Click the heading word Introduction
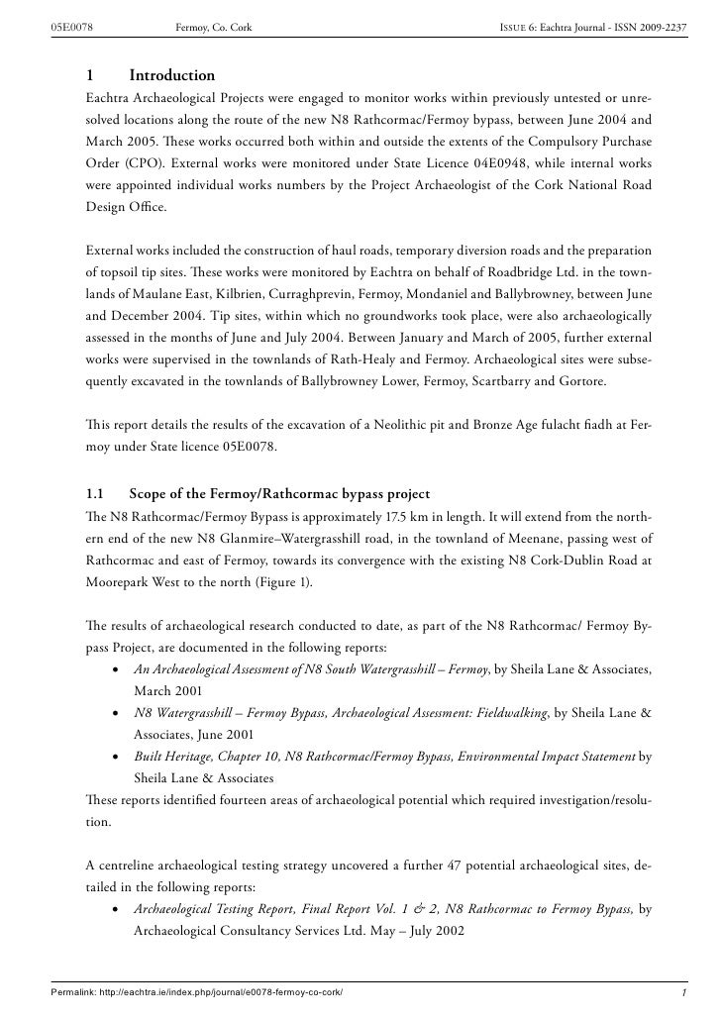171,75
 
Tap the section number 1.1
96,494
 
